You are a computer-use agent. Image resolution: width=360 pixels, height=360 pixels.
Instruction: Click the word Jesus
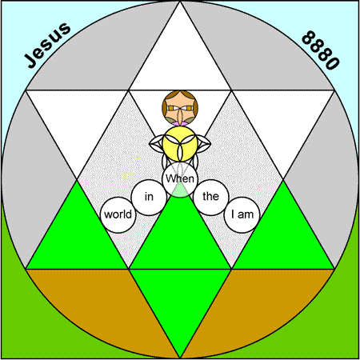tap(47, 45)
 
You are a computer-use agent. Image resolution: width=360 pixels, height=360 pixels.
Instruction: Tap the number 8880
tap(321, 50)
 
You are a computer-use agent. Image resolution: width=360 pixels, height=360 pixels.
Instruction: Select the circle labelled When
tap(180, 179)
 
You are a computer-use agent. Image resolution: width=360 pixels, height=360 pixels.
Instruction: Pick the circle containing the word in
tap(149, 198)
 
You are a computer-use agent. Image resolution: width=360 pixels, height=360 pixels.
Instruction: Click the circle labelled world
tap(118, 215)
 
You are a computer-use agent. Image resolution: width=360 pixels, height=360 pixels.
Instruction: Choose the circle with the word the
tap(211, 198)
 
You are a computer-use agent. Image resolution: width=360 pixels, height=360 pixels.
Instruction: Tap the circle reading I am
tap(242, 215)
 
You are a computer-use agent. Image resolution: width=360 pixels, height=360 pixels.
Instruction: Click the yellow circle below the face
tap(180, 144)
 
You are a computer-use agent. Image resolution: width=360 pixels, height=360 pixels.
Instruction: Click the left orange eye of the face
tap(171, 108)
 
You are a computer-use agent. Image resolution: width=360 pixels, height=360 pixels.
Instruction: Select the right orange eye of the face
tap(189, 108)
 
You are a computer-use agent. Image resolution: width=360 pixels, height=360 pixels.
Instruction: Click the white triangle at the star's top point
tap(180, 60)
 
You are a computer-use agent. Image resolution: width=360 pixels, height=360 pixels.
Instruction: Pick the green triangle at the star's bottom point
tap(180, 298)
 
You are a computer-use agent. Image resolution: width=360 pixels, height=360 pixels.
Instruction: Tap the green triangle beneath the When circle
tap(180, 240)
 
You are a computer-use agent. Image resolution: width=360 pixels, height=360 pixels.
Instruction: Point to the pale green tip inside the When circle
tap(180, 191)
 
